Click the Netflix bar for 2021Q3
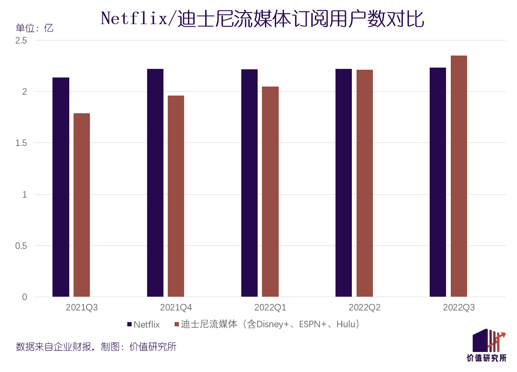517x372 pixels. tap(61, 187)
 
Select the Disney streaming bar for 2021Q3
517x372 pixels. tap(82, 205)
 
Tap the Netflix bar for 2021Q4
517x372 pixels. tap(155, 183)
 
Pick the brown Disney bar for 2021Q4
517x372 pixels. tap(176, 196)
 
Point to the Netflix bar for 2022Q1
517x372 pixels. tap(249, 183)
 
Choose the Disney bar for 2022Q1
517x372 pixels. tap(270, 192)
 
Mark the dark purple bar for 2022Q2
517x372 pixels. tap(344, 183)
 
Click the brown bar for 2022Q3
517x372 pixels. tap(459, 176)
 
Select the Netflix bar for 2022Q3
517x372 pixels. tap(438, 182)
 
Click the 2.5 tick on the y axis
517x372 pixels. tap(21, 40)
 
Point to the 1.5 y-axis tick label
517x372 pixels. tap(21, 143)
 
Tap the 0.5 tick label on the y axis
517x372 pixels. tap(21, 246)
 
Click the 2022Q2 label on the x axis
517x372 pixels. tap(364, 308)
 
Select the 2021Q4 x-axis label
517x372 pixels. tap(176, 308)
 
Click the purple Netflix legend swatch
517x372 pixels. tap(129, 324)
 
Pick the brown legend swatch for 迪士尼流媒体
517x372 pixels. tap(176, 324)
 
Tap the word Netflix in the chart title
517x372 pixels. tap(133, 19)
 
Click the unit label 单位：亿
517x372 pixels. tap(34, 28)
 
